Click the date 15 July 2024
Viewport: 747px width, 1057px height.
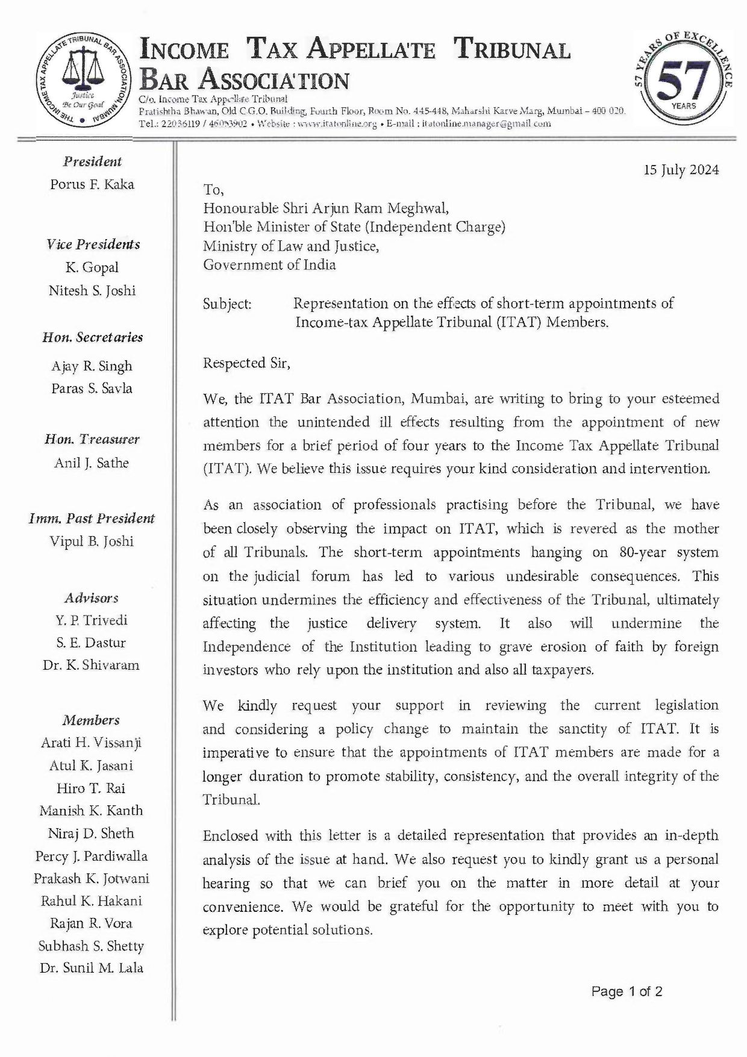[681, 170]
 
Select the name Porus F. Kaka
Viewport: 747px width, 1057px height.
[92, 184]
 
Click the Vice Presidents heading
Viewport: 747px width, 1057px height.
[93, 245]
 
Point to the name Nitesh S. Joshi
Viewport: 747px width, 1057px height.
[92, 290]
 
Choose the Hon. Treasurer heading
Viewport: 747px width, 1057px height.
[92, 440]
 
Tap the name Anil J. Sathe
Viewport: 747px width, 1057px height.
[92, 463]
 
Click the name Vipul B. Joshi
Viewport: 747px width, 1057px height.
[92, 541]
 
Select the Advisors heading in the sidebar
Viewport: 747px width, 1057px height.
[92, 598]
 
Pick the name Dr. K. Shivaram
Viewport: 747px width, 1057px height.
[91, 665]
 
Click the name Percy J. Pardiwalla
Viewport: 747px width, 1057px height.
[91, 856]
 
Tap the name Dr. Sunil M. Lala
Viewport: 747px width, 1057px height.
[91, 968]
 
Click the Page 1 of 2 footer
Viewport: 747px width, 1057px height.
[627, 991]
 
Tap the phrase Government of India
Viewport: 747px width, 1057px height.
[269, 265]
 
